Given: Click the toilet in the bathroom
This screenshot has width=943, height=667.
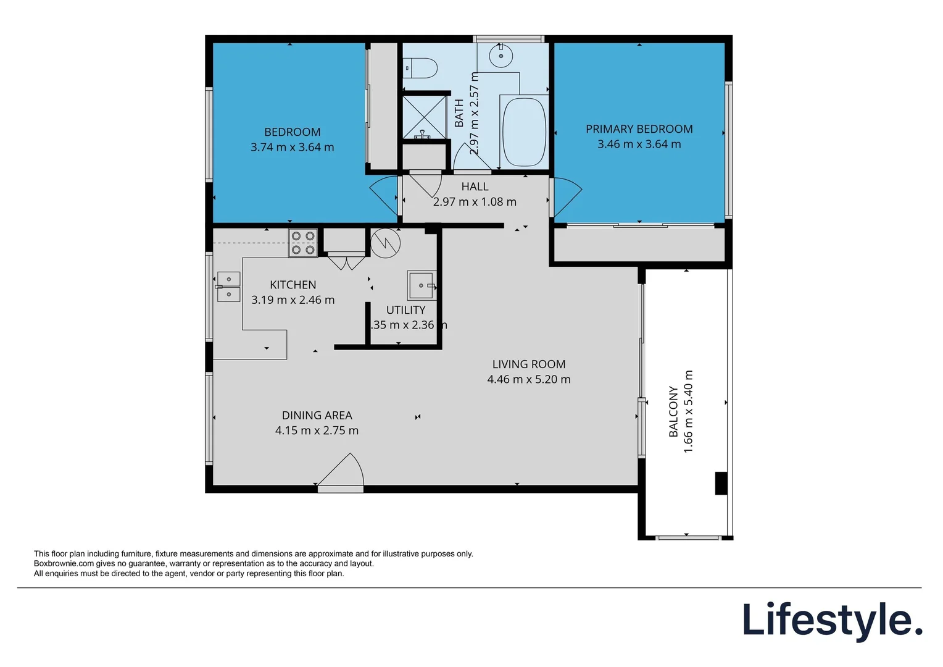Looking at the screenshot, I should (x=422, y=67).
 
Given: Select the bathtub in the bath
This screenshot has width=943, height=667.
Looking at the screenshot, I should (x=524, y=132).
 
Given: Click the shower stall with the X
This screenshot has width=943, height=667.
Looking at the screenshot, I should (x=424, y=115).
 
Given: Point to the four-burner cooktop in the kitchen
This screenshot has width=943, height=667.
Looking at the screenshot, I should (x=303, y=243).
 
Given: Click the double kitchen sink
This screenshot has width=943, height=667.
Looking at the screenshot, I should (x=228, y=287).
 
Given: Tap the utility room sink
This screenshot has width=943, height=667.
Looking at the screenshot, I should (x=422, y=285).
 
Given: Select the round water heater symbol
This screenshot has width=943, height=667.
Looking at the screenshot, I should (x=386, y=243).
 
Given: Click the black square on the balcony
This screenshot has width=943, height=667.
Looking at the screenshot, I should (x=721, y=483).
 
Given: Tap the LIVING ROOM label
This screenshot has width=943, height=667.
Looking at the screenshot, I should (x=529, y=364).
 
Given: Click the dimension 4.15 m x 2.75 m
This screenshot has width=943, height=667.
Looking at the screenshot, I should (x=317, y=430).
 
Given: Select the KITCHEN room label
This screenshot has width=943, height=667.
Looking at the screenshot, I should (x=293, y=285).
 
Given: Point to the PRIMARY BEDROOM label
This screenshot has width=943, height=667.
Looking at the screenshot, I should (x=639, y=129).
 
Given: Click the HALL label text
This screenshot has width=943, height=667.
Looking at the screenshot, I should (x=475, y=187).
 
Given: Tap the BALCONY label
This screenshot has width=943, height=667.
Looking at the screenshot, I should (x=673, y=411).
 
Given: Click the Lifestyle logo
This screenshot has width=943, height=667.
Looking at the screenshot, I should (x=832, y=620).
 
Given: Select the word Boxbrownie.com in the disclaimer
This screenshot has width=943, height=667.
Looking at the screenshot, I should (x=64, y=563).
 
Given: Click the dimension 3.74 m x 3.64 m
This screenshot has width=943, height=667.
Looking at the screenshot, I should (x=292, y=147).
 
